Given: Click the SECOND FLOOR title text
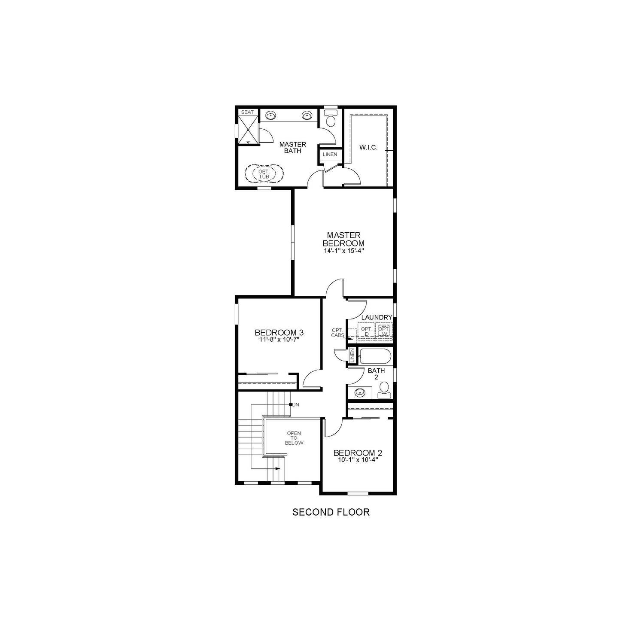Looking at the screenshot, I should pos(331,512).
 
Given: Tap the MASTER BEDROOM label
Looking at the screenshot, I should pos(343,239).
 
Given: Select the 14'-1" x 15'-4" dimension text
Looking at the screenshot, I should pos(343,251).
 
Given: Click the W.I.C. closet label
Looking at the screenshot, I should pos(368,148).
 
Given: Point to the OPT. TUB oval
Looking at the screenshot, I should pos(264,174).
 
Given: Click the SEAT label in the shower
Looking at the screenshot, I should pos(247,112).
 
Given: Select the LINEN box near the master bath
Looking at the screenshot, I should pos(330,154).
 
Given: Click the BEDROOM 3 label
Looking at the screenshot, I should pos(279,332).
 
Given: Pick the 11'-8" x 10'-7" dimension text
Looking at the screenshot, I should pos(279,340).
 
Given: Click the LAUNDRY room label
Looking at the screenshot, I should pos(377,317).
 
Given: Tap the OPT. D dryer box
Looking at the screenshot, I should pos(367,331).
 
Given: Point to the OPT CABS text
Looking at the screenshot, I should pos(337,333).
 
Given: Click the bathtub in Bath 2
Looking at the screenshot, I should pos(375,356).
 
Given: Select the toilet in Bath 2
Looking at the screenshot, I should pos(384,389).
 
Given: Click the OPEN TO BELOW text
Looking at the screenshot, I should pos(294,438).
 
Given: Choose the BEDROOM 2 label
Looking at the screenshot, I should pos(358,453).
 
